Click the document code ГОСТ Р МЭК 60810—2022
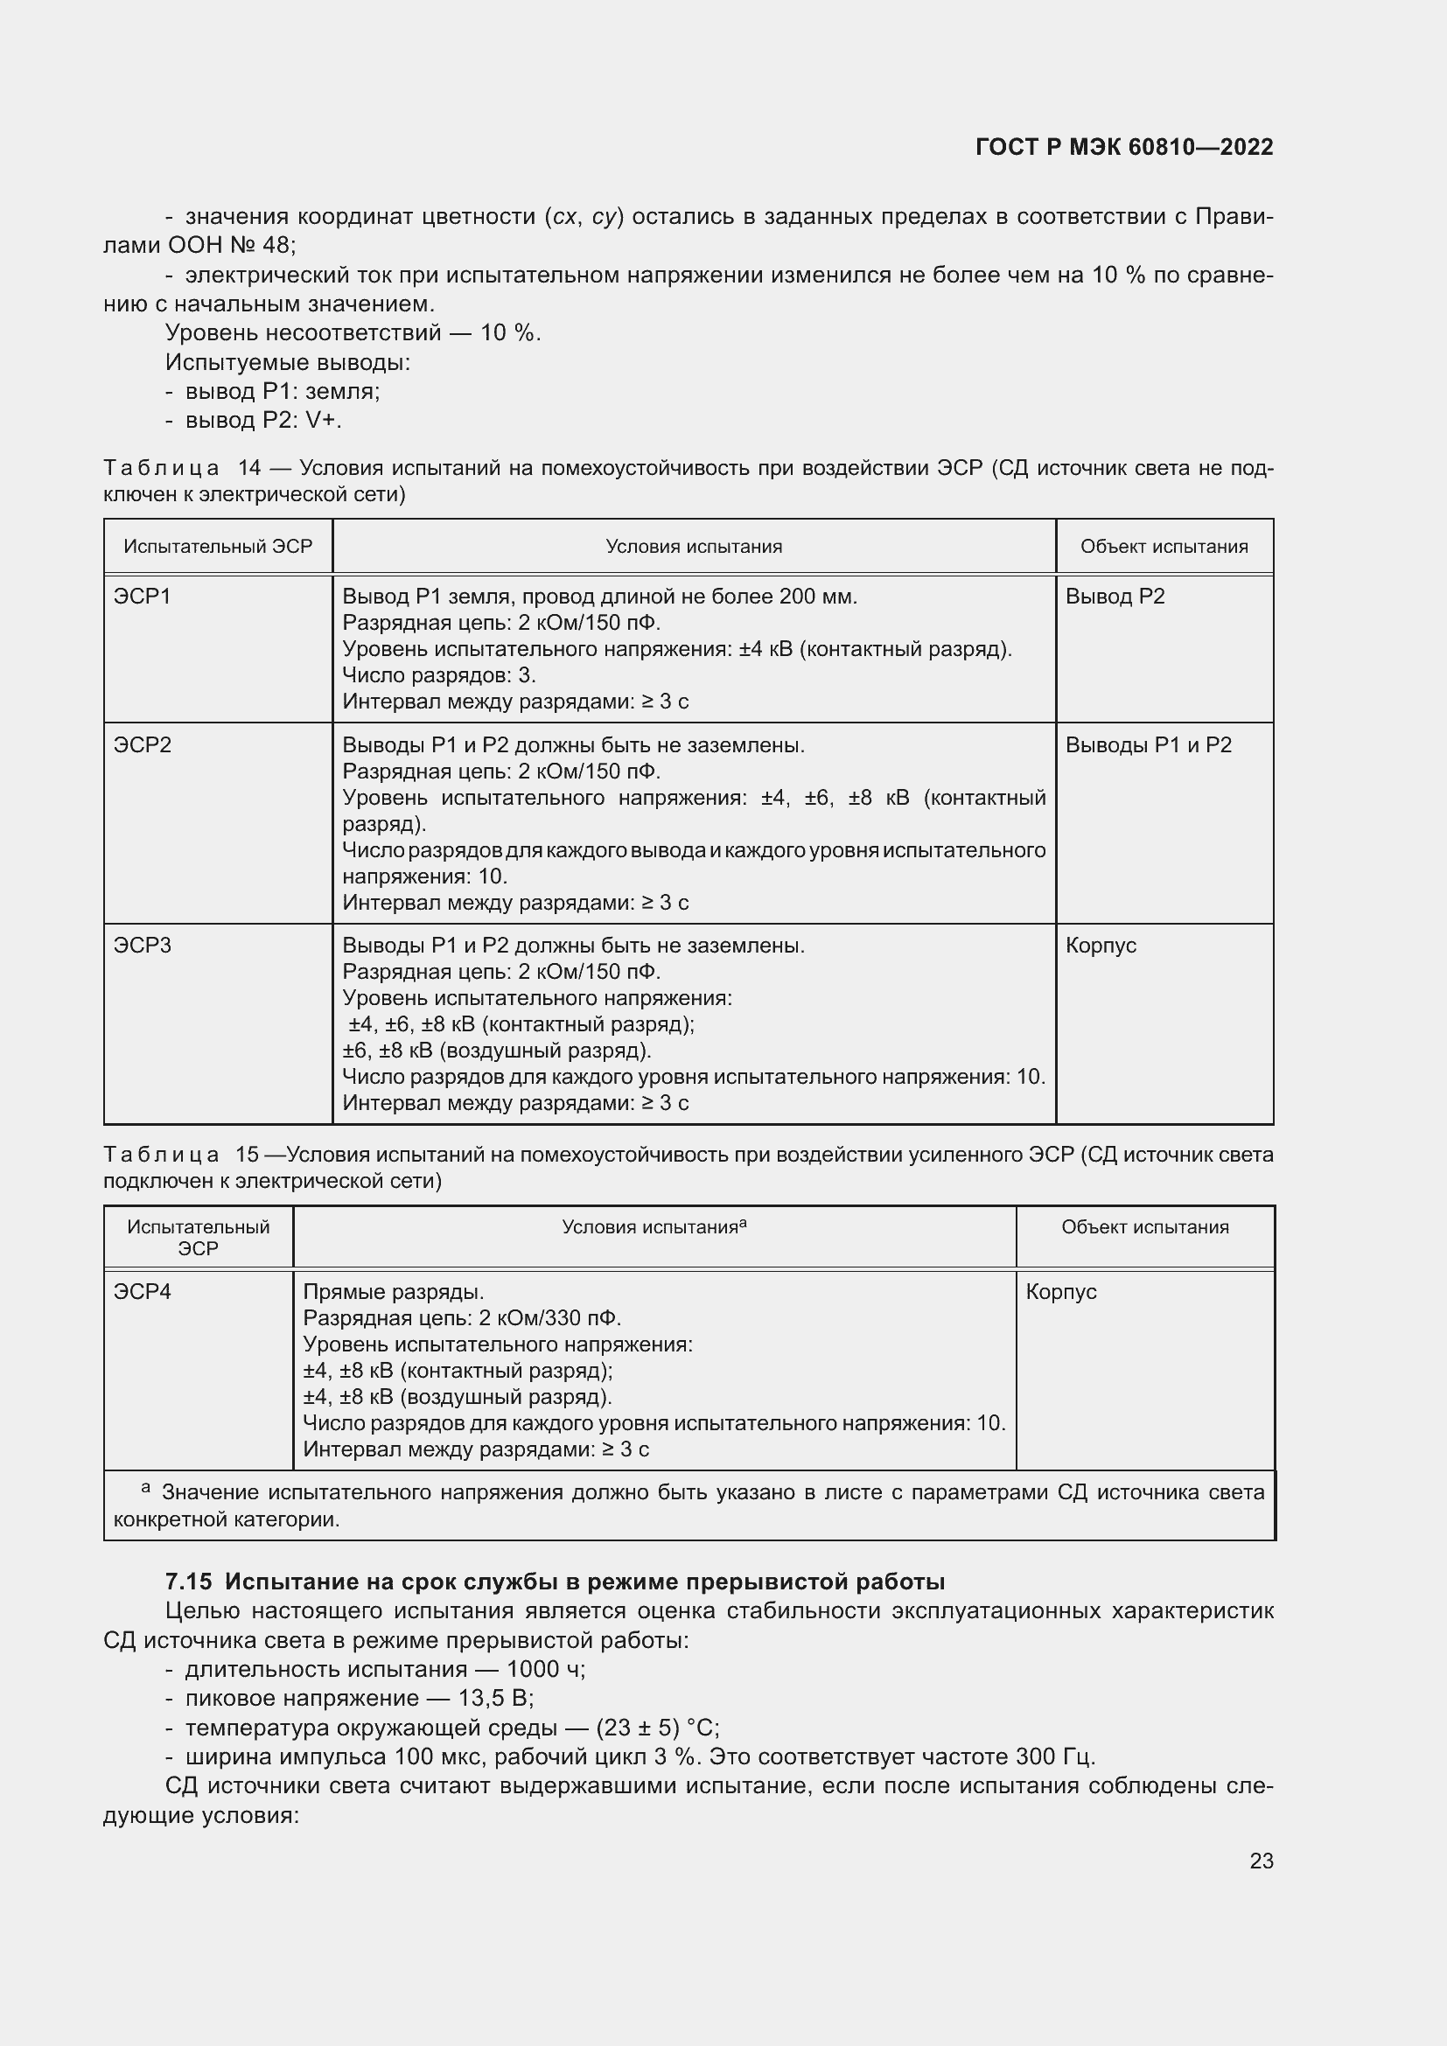pos(1124,147)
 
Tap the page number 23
pos(1261,1861)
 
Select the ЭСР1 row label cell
pos(143,597)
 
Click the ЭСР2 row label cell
pos(143,745)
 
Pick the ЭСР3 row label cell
pos(143,946)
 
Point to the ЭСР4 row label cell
pos(143,1291)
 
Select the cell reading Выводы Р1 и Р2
pos(1148,745)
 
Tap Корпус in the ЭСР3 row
pos(1101,946)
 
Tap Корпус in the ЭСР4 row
pos(1060,1291)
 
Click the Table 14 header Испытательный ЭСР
pos(219,546)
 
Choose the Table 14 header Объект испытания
pos(1164,546)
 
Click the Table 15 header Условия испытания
pos(654,1227)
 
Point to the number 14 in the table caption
pos(249,468)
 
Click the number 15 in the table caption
pos(247,1155)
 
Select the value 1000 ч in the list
pos(545,1669)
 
